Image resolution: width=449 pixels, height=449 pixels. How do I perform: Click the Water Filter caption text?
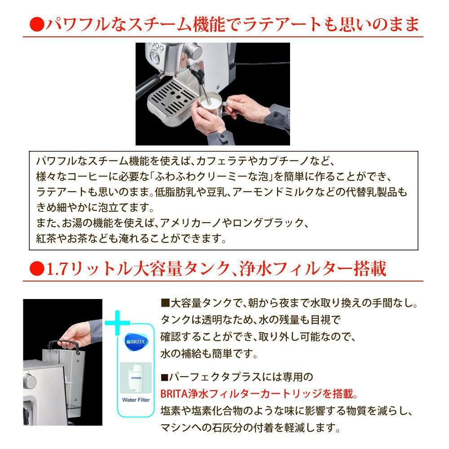point(136,400)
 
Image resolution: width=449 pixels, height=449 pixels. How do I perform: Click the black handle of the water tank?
point(63,345)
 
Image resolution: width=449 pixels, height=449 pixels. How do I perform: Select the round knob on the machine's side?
point(30,382)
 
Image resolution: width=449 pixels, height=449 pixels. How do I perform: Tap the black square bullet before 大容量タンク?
point(164,303)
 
